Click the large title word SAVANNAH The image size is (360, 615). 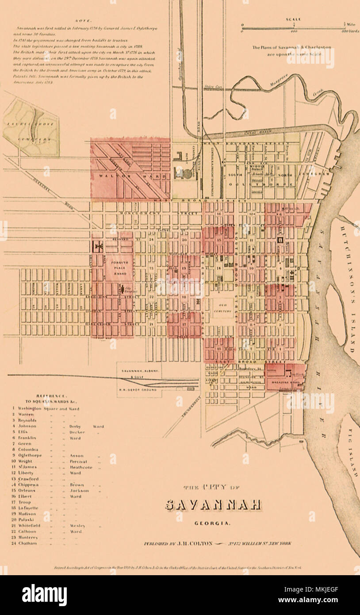[x=213, y=505]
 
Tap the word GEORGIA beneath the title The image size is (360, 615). [x=212, y=523]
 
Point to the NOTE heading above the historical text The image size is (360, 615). [x=82, y=21]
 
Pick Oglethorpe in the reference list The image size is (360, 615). [x=31, y=455]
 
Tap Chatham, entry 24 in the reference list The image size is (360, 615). [x=28, y=543]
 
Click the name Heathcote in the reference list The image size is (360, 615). [x=81, y=467]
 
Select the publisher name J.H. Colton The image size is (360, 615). [x=191, y=543]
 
